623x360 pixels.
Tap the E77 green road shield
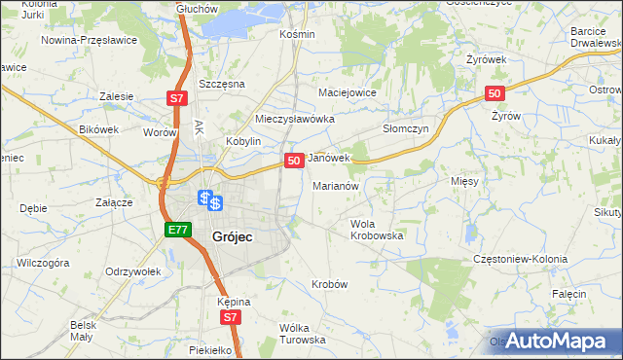click(x=177, y=230)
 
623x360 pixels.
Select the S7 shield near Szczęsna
click(x=175, y=98)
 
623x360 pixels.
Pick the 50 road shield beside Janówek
click(x=293, y=160)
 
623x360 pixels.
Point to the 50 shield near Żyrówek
click(x=495, y=93)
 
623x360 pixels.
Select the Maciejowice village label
click(x=348, y=93)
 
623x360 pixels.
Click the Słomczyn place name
click(x=406, y=127)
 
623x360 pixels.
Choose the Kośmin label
click(x=297, y=34)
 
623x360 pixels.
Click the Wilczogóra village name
click(x=43, y=263)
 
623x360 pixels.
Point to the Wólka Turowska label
click(x=302, y=333)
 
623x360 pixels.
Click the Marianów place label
click(x=337, y=185)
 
